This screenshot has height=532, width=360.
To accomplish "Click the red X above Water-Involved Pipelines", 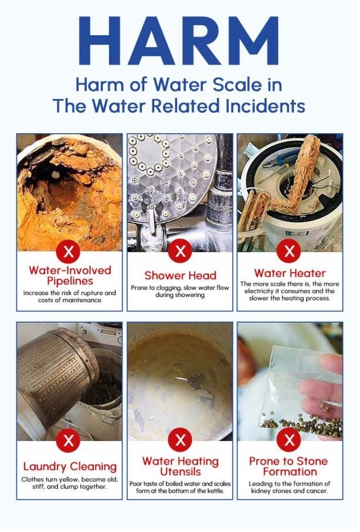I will tap(69, 252).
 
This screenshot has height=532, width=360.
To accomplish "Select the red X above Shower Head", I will tap(180, 252).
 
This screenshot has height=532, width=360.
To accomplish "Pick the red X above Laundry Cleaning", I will tap(69, 440).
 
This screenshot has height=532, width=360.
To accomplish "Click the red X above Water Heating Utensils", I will tap(180, 440).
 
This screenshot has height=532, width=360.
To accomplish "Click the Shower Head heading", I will tap(180, 275).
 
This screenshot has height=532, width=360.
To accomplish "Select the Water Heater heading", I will tap(290, 273).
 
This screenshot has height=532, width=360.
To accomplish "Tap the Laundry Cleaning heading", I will tap(70, 467).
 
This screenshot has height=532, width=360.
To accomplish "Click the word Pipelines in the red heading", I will tap(70, 281).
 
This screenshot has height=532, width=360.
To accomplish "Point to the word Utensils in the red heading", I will tap(180, 472).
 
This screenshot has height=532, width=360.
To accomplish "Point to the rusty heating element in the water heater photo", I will tap(302, 170).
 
